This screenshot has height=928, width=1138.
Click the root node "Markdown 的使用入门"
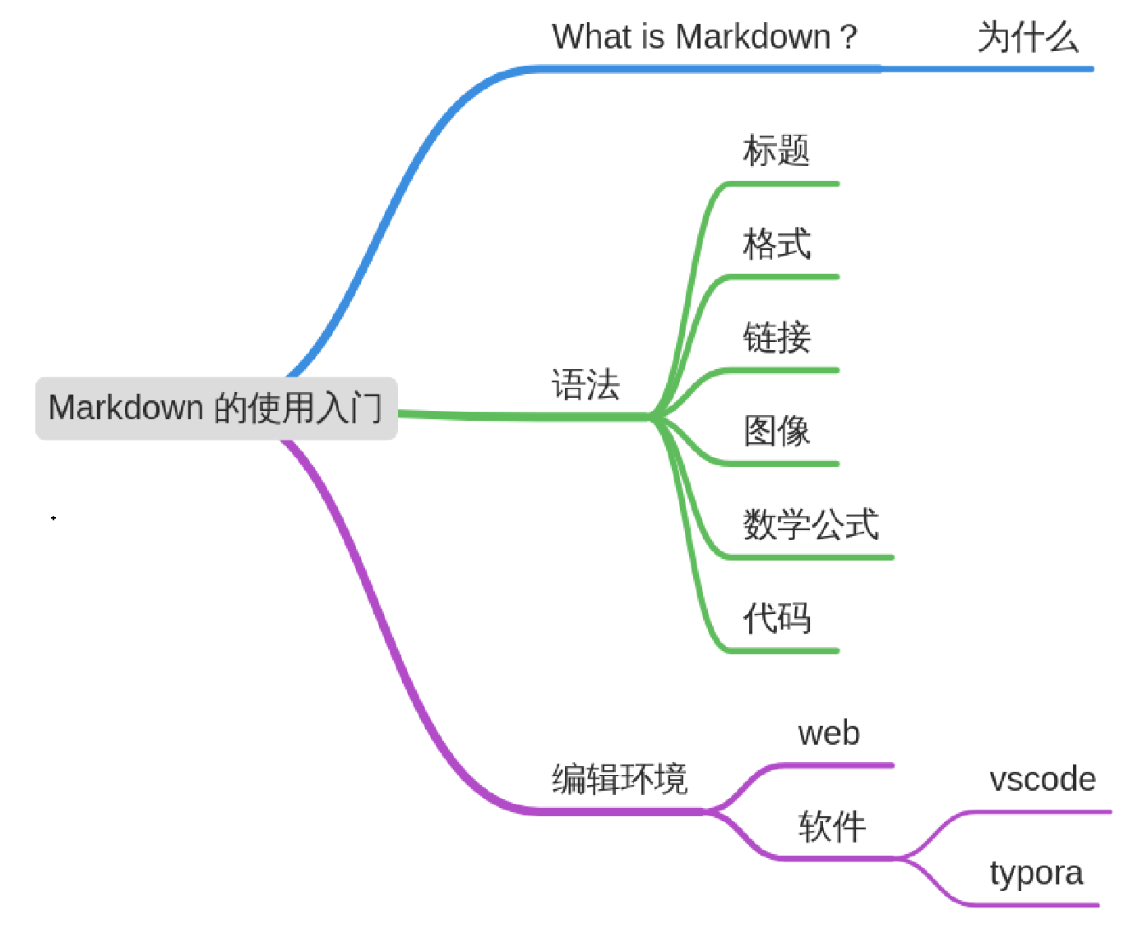click(x=216, y=409)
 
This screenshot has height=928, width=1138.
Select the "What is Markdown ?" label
click(x=704, y=37)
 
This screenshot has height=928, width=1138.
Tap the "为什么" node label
click(x=1028, y=37)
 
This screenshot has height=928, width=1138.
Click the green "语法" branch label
click(x=585, y=385)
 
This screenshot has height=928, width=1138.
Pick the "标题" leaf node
click(x=776, y=151)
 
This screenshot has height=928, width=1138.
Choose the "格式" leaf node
click(x=776, y=244)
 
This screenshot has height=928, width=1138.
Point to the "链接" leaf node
click(x=776, y=338)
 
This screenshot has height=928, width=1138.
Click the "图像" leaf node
click(x=776, y=431)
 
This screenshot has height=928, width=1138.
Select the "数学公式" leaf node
click(x=811, y=524)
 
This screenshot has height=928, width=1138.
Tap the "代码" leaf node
click(x=776, y=618)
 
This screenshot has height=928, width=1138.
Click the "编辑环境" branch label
click(x=619, y=778)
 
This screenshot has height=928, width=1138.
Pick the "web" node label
click(x=829, y=733)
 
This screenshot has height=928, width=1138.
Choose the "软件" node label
click(x=831, y=826)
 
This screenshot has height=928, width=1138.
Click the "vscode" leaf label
click(x=1042, y=779)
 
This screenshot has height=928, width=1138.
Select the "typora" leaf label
click(x=1036, y=873)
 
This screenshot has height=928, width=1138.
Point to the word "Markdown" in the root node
click(x=126, y=408)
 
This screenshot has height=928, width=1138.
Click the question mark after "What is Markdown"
click(x=849, y=38)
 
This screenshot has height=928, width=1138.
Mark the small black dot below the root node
click(x=53, y=518)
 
